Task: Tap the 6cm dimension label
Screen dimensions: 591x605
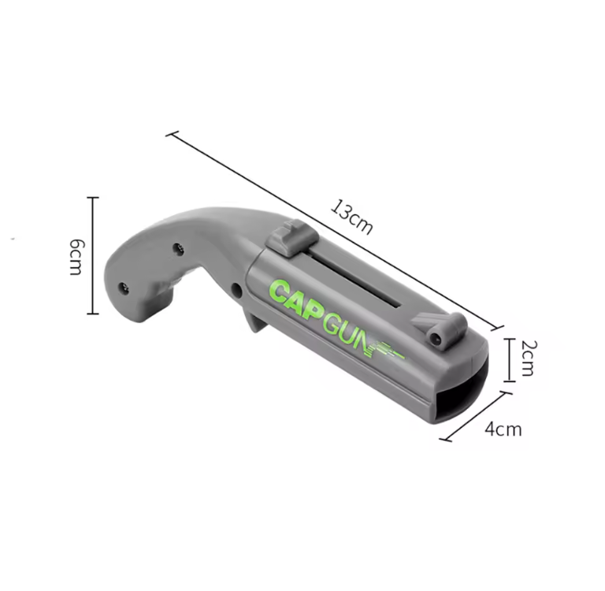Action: point(76,257)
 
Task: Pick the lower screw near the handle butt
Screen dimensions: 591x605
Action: point(123,288)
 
